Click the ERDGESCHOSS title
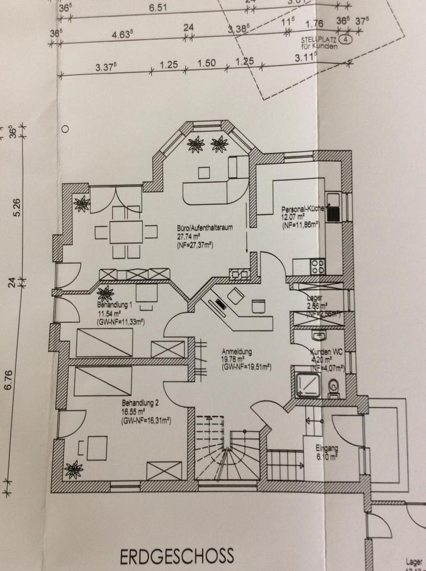[177, 556]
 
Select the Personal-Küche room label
[301, 209]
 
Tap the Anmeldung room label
[238, 351]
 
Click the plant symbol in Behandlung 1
[106, 293]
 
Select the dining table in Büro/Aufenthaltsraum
[127, 231]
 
